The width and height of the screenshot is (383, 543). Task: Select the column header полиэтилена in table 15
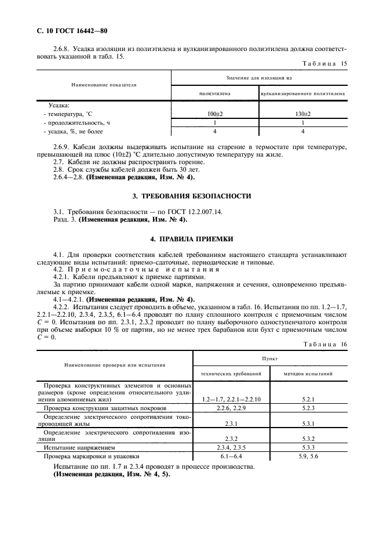(214, 92)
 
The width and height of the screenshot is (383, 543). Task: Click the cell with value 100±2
(214, 114)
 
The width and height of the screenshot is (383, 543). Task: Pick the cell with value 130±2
(303, 114)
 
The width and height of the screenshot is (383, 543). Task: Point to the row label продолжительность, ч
(76, 123)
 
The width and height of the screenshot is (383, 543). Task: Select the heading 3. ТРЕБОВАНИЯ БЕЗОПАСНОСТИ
(192, 196)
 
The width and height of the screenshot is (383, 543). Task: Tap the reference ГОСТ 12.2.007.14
(168, 212)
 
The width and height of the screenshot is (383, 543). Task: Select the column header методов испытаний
(308, 374)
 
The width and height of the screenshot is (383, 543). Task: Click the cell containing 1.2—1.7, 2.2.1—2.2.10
(232, 400)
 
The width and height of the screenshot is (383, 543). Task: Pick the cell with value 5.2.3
(308, 408)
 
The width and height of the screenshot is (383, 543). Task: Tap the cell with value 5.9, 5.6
(308, 457)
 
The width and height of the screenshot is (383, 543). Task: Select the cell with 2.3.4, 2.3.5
(232, 448)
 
